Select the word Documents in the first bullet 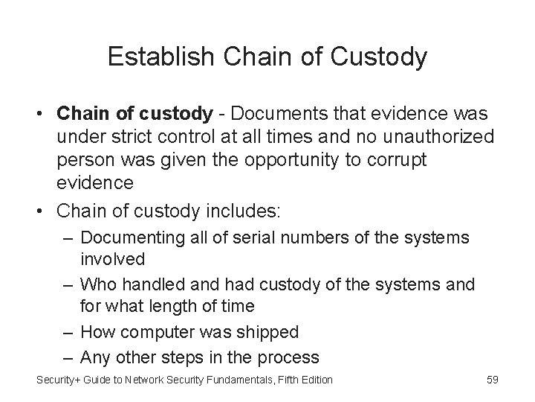click(279, 115)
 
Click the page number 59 click(492, 380)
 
